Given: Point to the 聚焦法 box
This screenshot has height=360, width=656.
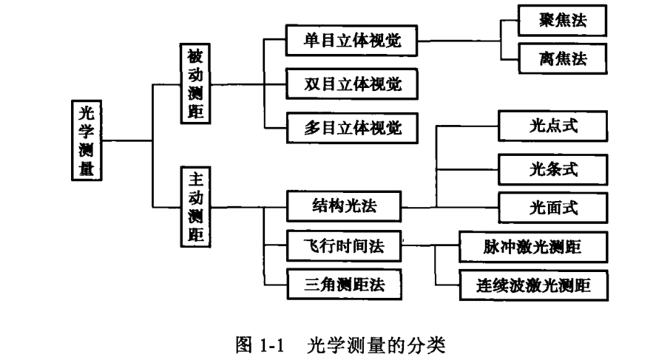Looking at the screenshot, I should coord(563,21).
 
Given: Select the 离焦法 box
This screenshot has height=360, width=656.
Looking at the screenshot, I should coord(563,60).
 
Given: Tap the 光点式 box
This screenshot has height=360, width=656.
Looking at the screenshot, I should coord(553,127).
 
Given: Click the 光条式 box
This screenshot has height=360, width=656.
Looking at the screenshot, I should coord(553,169).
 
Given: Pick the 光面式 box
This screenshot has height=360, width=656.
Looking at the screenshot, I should coord(553,208).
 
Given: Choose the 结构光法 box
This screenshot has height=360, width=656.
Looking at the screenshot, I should coord(343,207).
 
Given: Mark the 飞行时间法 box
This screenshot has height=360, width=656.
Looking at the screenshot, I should coord(343,247).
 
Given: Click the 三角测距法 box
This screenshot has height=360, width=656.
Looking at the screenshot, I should coord(343,282).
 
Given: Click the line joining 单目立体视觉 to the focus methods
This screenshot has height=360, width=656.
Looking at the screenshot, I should coord(459,41).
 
